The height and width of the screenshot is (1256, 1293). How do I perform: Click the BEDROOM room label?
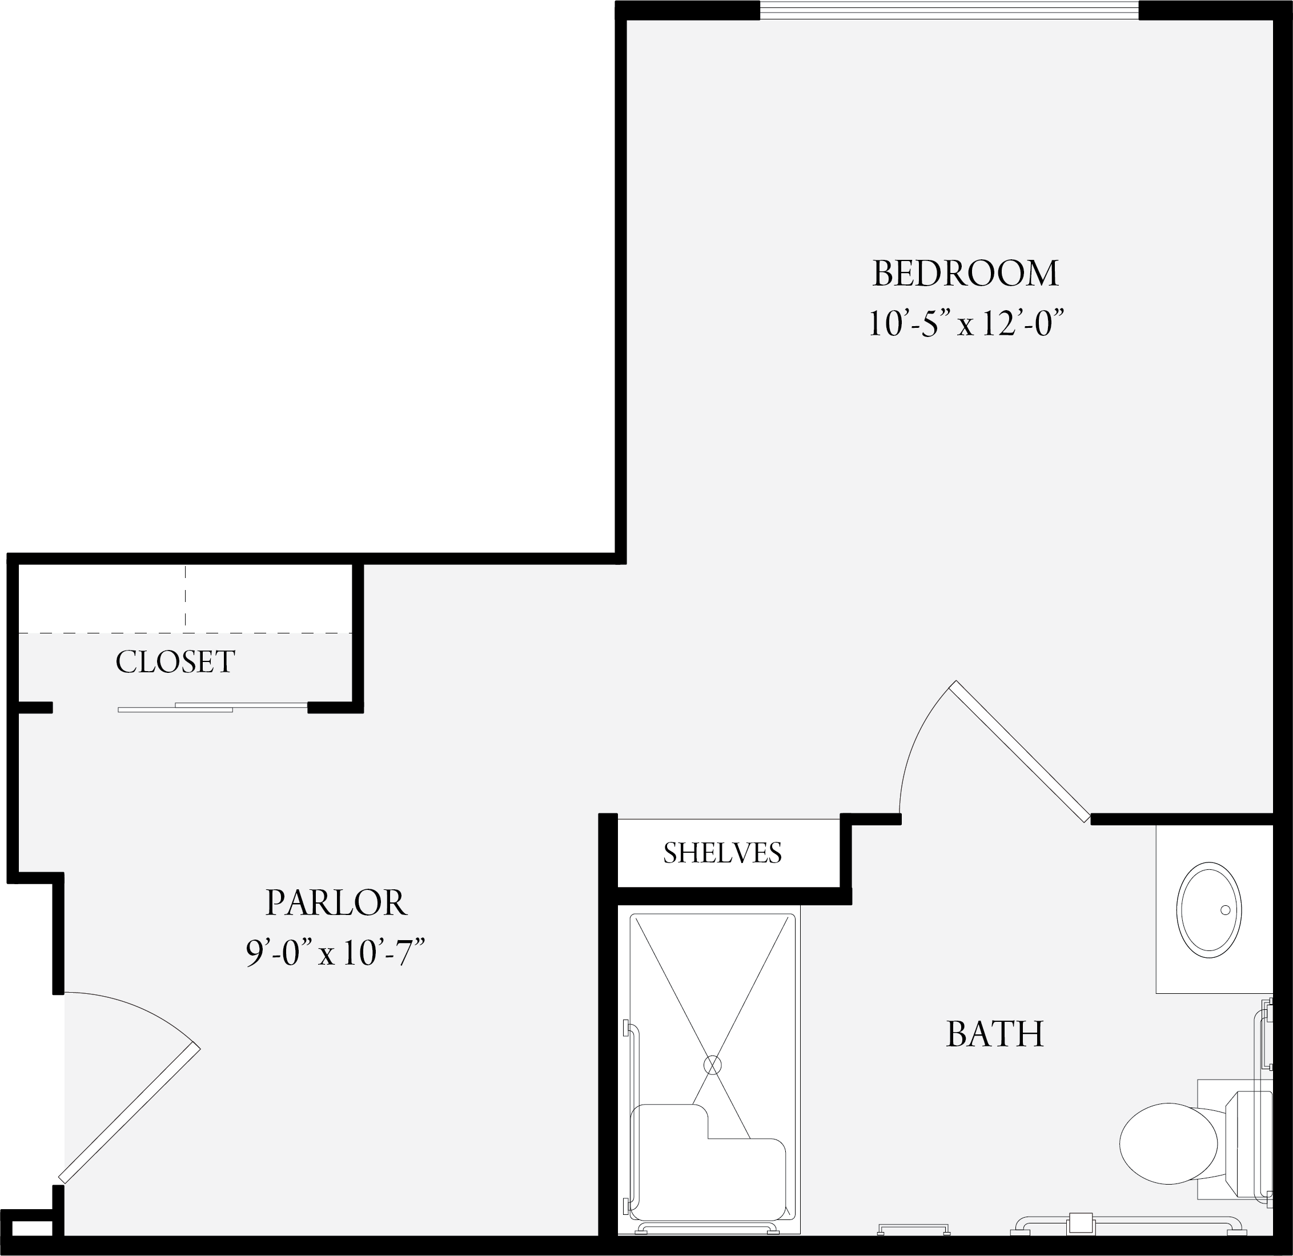coord(965,274)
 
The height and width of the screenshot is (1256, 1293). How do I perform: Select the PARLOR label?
coord(336,903)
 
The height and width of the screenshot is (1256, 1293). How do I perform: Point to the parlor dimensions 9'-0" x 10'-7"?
coord(335,953)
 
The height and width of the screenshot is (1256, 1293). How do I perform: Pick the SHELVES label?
coord(722,853)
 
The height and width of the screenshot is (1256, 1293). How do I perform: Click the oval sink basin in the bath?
coord(1210,910)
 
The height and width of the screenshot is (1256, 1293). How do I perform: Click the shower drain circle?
coord(713,1065)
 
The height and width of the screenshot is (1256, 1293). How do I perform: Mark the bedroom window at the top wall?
coord(949,10)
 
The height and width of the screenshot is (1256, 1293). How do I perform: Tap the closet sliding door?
coord(212,707)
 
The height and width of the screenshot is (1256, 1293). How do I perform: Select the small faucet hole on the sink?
coord(1226,910)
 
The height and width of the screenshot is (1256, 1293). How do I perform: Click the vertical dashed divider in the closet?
coord(186,596)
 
